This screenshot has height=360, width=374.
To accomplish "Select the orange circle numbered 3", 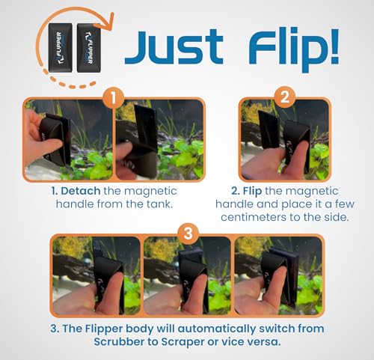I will coord(187,234).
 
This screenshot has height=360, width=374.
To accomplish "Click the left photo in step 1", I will coord(68,140).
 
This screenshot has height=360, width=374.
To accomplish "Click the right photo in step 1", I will coord(158,140).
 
